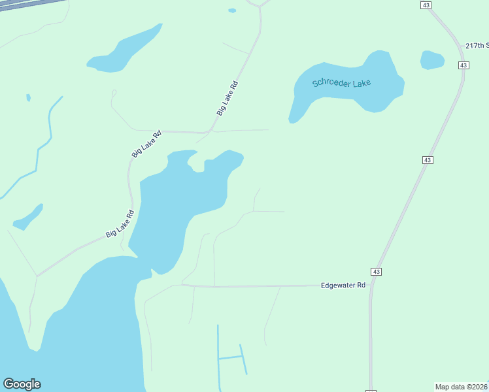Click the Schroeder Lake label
pyautogui.click(x=341, y=83)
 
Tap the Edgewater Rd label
pyautogui.click(x=343, y=286)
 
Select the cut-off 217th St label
pyautogui.click(x=477, y=46)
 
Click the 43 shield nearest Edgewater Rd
pyautogui.click(x=376, y=271)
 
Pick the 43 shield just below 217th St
pyautogui.click(x=464, y=65)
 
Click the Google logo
pyautogui.click(x=22, y=384)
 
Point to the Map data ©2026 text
pyautogui.click(x=462, y=387)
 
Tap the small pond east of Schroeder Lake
pyautogui.click(x=432, y=59)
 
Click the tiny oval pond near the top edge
pyautogui.click(x=232, y=10)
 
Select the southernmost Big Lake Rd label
pyautogui.click(x=120, y=223)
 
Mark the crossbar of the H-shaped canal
pyautogui.click(x=229, y=357)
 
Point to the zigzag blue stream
pyautogui.click(x=43, y=141)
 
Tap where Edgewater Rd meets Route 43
pyautogui.click(x=371, y=285)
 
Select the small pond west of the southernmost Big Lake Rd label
pyautogui.click(x=28, y=218)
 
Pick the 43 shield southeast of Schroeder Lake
pyautogui.click(x=428, y=160)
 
